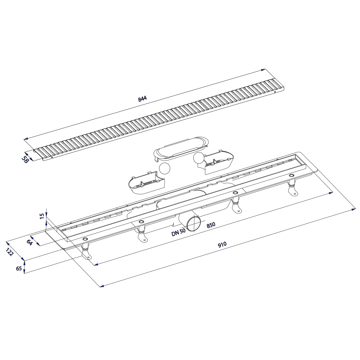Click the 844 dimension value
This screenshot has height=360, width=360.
point(142,99)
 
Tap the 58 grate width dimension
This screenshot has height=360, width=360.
point(25,160)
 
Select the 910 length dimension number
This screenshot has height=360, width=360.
point(222,244)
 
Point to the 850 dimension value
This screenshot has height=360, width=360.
point(211,225)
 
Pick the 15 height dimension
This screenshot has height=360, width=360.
point(42,216)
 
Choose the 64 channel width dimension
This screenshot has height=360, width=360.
point(30,243)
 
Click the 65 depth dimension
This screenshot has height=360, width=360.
point(19,268)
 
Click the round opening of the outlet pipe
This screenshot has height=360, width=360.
point(193,223)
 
